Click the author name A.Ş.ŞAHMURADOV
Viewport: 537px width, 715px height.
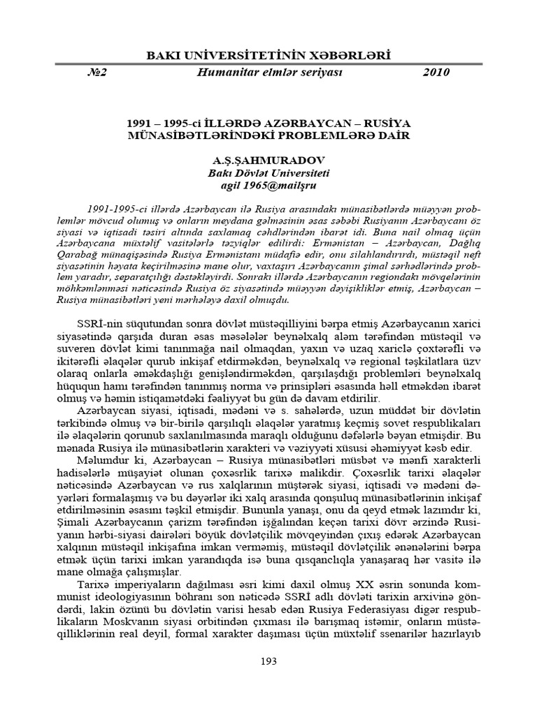coord(268,161)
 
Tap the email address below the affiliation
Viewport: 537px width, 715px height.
coord(268,186)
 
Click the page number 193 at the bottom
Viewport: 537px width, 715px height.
coord(268,661)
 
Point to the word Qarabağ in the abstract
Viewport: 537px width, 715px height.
coord(95,255)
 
